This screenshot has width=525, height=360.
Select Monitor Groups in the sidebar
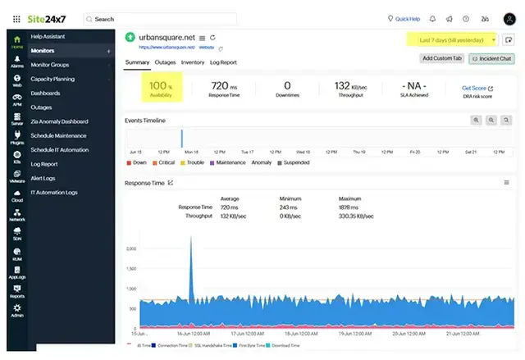[x=49, y=64]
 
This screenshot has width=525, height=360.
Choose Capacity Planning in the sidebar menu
[x=52, y=79]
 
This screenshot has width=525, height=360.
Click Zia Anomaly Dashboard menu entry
[x=59, y=121]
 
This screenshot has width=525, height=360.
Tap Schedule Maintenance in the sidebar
[x=59, y=135]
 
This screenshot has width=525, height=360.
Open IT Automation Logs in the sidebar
[x=54, y=192]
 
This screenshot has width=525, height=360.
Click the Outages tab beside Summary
[x=165, y=62]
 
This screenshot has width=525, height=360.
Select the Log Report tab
[x=223, y=62]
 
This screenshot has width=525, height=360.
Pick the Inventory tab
[x=193, y=62]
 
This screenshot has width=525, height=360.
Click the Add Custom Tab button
[x=441, y=58]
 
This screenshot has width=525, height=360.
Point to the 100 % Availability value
[x=161, y=88]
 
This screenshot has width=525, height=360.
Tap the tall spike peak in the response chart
[x=191, y=239]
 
